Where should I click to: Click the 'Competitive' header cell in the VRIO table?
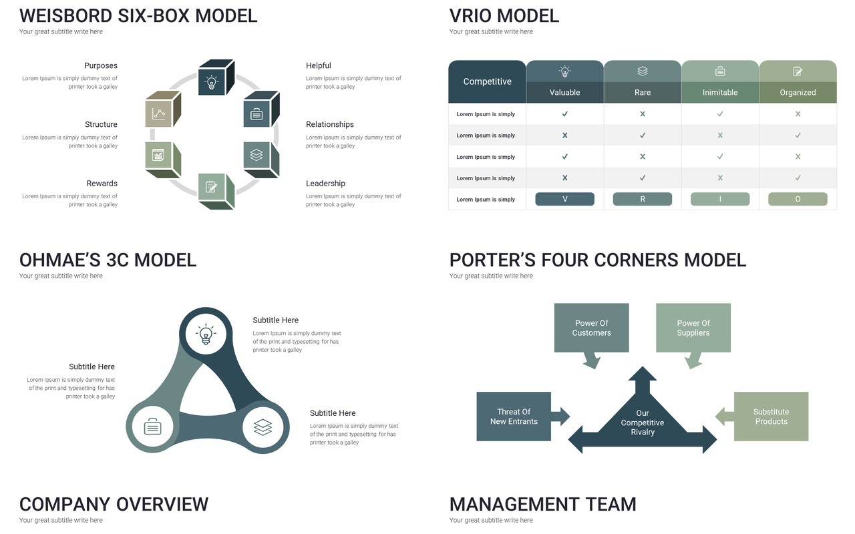(487, 81)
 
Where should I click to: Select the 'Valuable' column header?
(564, 92)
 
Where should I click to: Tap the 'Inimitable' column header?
(720, 92)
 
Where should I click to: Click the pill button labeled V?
(564, 199)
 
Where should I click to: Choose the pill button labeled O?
(798, 199)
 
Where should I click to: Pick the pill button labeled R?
(643, 199)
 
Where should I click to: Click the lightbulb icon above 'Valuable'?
(564, 71)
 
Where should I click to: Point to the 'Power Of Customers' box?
(591, 328)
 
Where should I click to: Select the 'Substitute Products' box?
(771, 417)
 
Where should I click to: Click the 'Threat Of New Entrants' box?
(514, 417)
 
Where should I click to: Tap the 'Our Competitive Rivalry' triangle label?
(643, 423)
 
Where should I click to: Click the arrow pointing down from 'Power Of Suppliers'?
(693, 360)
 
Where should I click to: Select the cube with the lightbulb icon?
(216, 77)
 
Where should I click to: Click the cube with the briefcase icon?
(261, 109)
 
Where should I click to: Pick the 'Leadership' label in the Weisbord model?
(325, 184)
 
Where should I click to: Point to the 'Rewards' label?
(102, 184)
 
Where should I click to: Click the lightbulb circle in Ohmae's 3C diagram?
(206, 334)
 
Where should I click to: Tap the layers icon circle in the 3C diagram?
(263, 427)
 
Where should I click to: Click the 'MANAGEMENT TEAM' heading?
(543, 504)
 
